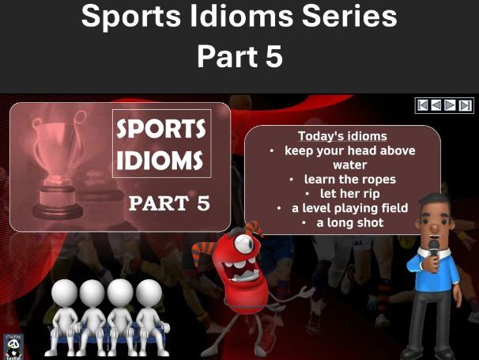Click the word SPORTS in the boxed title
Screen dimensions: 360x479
pyautogui.click(x=161, y=129)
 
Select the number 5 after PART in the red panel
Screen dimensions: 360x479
pyautogui.click(x=202, y=203)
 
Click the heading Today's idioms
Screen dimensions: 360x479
pyautogui.click(x=342, y=136)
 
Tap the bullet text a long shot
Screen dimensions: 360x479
pyautogui.click(x=349, y=222)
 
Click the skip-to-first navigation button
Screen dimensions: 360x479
pyautogui.click(x=423, y=104)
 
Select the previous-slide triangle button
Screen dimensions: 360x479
pyautogui.click(x=436, y=104)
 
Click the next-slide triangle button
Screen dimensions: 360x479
pyautogui.click(x=450, y=104)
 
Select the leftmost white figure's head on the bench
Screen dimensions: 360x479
pyautogui.click(x=66, y=294)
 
